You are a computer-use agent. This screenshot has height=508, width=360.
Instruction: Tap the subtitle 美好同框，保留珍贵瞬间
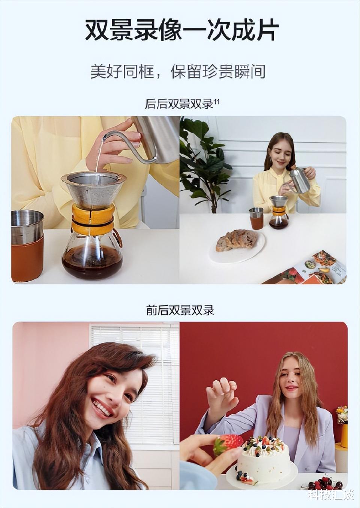(178, 71)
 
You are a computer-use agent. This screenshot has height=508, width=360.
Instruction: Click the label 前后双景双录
(180, 310)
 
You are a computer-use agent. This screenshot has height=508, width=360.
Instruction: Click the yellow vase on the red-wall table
(344, 435)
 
